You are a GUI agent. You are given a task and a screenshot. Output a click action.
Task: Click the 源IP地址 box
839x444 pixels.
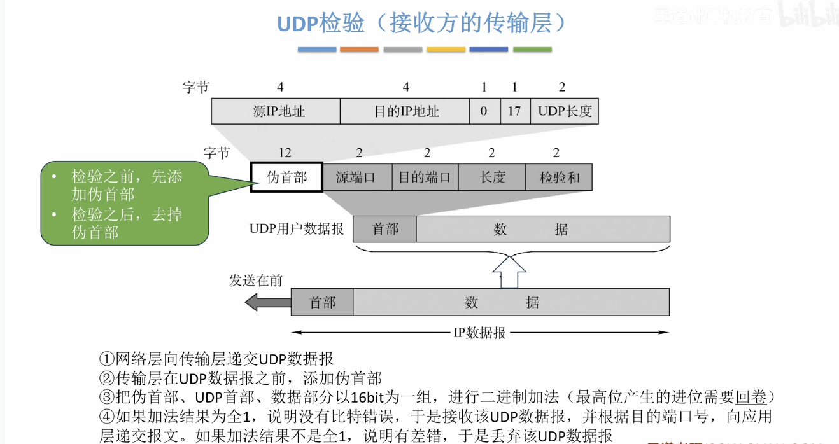(x=276, y=111)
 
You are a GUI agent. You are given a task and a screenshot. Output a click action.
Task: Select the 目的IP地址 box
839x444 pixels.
(x=405, y=111)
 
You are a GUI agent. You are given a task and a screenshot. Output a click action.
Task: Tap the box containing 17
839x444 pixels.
(x=514, y=111)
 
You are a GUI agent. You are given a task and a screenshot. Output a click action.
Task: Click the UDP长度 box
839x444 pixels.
(x=565, y=111)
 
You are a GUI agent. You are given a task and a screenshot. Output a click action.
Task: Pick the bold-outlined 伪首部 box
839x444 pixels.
(x=286, y=177)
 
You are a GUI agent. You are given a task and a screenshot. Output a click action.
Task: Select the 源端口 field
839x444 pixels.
(x=356, y=177)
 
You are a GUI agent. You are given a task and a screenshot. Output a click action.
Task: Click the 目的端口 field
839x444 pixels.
(x=425, y=177)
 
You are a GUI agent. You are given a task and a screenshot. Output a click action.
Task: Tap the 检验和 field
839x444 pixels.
(x=559, y=177)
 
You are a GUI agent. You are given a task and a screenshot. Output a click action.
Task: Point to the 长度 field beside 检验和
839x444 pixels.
(x=492, y=177)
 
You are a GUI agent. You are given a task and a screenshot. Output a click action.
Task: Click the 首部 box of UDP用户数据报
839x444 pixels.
(x=385, y=229)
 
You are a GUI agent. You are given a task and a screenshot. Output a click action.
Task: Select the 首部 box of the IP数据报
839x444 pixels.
(x=322, y=302)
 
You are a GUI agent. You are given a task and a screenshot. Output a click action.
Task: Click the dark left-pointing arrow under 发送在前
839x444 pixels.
(x=259, y=302)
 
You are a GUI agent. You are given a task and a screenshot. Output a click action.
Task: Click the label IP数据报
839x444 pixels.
(x=479, y=333)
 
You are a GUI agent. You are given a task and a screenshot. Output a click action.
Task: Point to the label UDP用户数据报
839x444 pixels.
(x=296, y=229)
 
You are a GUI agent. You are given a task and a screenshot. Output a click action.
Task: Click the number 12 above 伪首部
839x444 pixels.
(x=285, y=153)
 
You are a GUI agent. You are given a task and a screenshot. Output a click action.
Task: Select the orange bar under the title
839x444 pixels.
(x=359, y=50)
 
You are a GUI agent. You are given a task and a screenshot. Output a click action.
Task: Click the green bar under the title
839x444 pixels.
(x=532, y=50)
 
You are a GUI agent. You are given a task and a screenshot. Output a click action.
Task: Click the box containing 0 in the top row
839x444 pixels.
(x=484, y=111)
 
